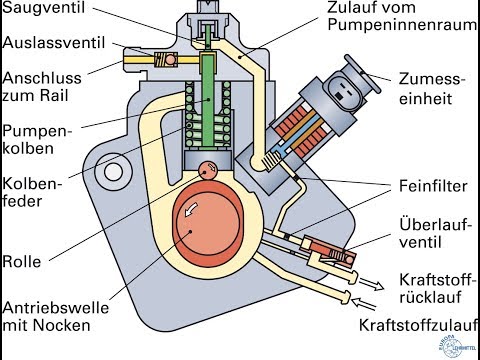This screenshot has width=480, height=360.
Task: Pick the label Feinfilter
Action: pos(427,186)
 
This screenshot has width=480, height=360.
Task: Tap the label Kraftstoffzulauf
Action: pos(415,325)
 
